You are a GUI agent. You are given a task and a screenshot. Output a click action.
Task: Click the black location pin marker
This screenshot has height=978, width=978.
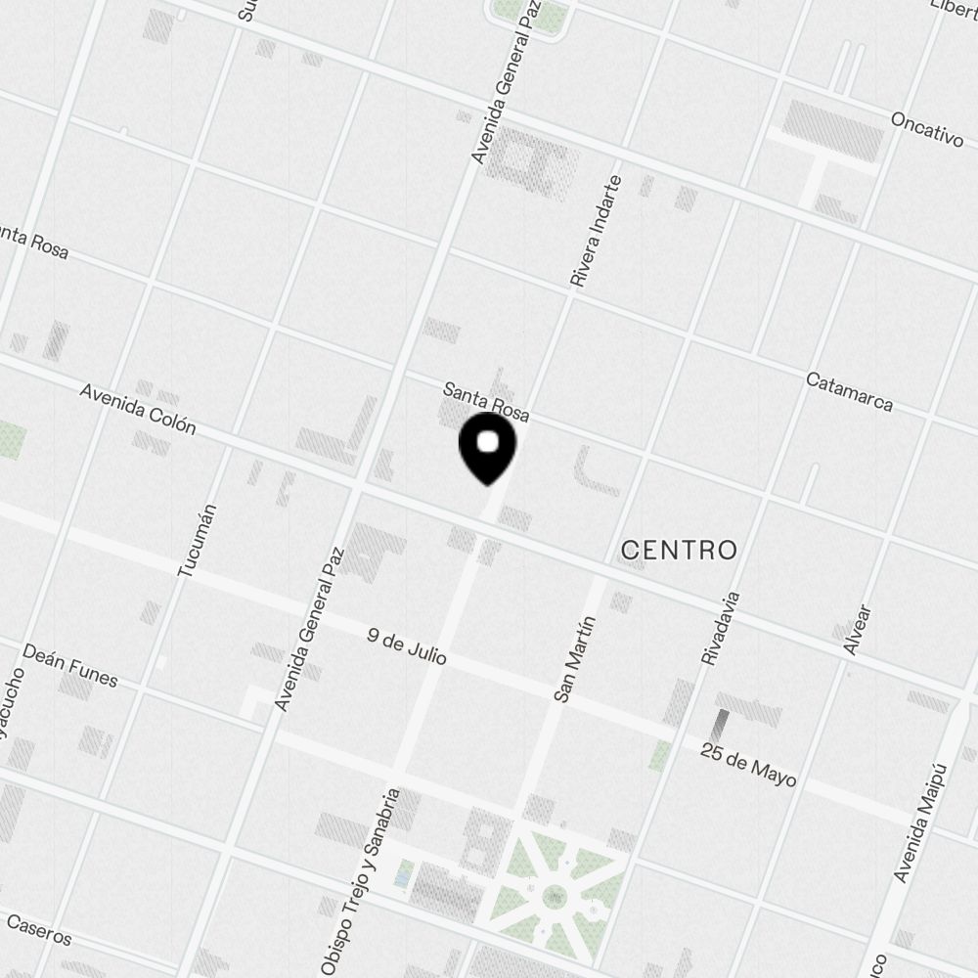pyautogui.click(x=487, y=448)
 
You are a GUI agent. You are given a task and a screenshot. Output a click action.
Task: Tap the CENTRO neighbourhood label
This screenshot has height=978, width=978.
pyautogui.click(x=679, y=550)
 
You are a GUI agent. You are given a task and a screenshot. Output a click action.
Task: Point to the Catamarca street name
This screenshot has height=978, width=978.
pyautogui.click(x=849, y=390)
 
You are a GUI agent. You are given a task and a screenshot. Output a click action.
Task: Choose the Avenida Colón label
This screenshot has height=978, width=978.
pyautogui.click(x=138, y=408)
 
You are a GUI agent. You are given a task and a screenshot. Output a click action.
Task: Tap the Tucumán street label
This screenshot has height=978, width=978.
pyautogui.click(x=196, y=540)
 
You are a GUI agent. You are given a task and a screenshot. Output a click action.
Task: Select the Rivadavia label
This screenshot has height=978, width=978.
pyautogui.click(x=721, y=629)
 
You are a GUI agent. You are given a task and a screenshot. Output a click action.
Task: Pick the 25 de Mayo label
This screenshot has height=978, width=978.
pyautogui.click(x=748, y=765)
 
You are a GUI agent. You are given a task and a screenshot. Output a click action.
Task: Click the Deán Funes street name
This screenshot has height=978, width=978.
pyautogui.click(x=69, y=665)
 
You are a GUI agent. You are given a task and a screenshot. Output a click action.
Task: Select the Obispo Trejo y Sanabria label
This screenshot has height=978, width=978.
pyautogui.click(x=359, y=882)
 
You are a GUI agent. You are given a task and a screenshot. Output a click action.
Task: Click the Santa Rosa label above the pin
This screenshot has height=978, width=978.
pyautogui.click(x=486, y=402)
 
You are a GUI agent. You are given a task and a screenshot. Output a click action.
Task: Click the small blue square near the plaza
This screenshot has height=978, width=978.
pyautogui.click(x=401, y=876)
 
